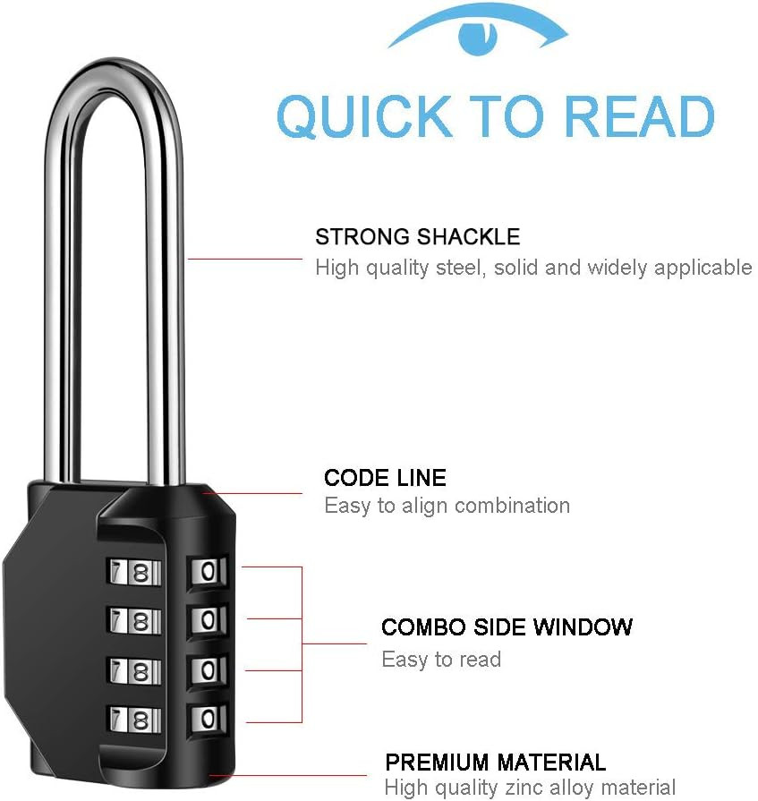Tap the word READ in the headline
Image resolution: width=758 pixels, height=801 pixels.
point(640,116)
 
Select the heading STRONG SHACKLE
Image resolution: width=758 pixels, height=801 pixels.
point(417,237)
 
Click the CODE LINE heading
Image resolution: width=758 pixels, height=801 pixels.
point(385,478)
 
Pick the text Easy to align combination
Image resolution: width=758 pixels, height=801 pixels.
point(447,507)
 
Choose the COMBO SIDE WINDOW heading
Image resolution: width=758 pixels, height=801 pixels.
point(507,627)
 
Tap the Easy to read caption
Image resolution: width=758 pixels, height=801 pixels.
point(441,660)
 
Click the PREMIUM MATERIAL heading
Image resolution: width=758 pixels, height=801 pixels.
point(496,763)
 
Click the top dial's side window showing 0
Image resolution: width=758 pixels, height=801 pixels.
point(208,571)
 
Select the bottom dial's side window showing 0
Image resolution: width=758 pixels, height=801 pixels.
point(208,720)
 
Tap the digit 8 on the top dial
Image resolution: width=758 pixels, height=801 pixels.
point(141,573)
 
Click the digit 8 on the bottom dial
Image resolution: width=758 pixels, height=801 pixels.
point(141,720)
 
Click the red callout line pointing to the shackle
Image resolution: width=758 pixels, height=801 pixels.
point(245,260)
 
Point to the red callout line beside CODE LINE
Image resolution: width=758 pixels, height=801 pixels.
point(253,493)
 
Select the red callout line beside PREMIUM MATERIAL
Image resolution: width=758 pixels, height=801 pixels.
point(287,775)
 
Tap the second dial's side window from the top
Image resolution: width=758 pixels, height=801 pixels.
point(208,620)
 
